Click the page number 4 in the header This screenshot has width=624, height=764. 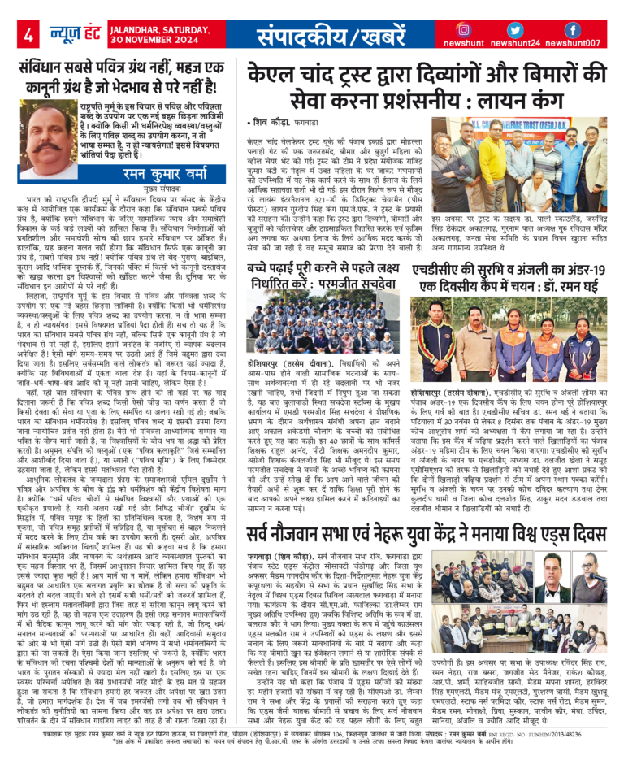28,34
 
